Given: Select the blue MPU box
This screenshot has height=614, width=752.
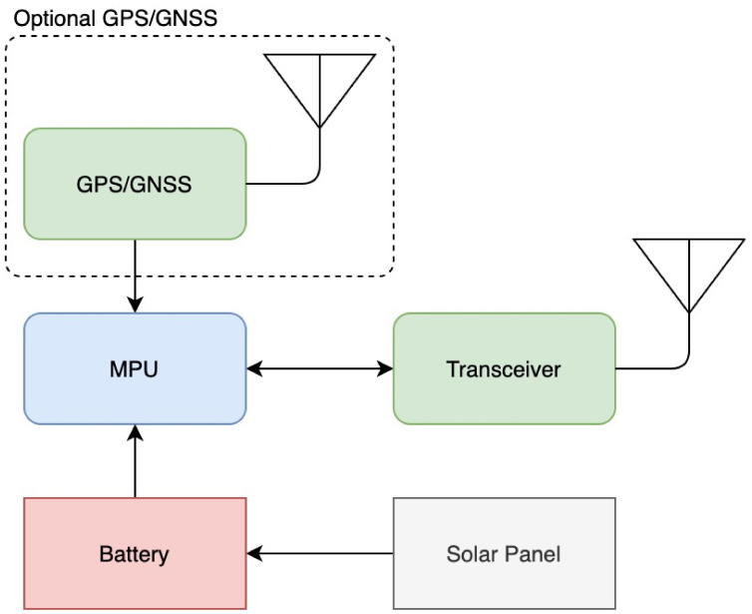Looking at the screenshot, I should [x=135, y=368].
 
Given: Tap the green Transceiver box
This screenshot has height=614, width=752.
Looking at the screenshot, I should [x=504, y=368].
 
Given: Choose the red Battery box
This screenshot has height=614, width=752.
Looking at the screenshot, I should [x=135, y=553].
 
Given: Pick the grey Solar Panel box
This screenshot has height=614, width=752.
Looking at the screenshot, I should [x=504, y=553].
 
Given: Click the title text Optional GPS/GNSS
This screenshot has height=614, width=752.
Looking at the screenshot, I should [x=116, y=19].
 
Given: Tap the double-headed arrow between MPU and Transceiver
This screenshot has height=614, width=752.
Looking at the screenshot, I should [x=319, y=368].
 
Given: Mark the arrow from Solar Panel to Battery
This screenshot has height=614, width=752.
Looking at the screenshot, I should [x=319, y=552].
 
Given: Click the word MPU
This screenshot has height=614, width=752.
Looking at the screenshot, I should [x=135, y=369].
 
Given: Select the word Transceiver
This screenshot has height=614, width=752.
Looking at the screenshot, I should [x=504, y=369].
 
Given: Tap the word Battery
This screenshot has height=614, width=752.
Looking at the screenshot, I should [x=135, y=554].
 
